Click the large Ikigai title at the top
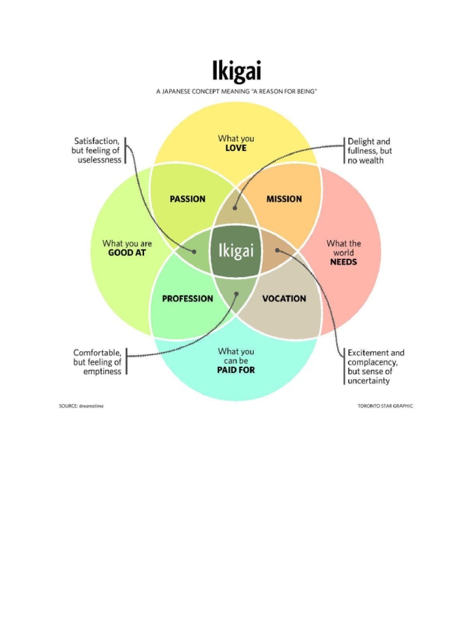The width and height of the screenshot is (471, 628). tap(236, 71)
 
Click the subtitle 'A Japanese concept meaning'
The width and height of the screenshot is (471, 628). tap(236, 91)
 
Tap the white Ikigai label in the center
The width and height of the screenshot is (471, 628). tap(236, 251)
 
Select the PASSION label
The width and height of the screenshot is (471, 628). tap(188, 199)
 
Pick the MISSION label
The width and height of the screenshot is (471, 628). tap(284, 199)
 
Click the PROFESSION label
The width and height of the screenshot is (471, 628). tap(188, 299)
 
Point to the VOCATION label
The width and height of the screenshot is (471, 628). tap(284, 299)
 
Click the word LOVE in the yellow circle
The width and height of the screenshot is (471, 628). tap(236, 148)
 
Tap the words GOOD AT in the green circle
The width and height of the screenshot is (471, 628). tap(127, 253)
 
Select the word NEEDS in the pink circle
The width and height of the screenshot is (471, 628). tap(343, 262)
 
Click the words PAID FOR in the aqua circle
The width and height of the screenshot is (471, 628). tap(236, 370)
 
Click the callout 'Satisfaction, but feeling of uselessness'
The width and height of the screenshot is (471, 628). tap(97, 150)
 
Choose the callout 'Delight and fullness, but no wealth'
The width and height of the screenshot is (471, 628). tap(369, 150)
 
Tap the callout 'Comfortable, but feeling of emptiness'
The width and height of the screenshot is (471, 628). tap(98, 362)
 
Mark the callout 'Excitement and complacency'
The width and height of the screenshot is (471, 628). tap(375, 367)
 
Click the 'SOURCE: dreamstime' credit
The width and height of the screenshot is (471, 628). tap(81, 406)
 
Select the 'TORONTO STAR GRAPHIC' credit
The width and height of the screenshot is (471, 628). tap(385, 406)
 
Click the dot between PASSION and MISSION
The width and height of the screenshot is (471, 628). tap(235, 209)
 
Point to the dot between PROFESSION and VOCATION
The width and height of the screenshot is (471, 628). tap(236, 293)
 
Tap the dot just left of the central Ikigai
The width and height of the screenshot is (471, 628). tap(194, 251)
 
